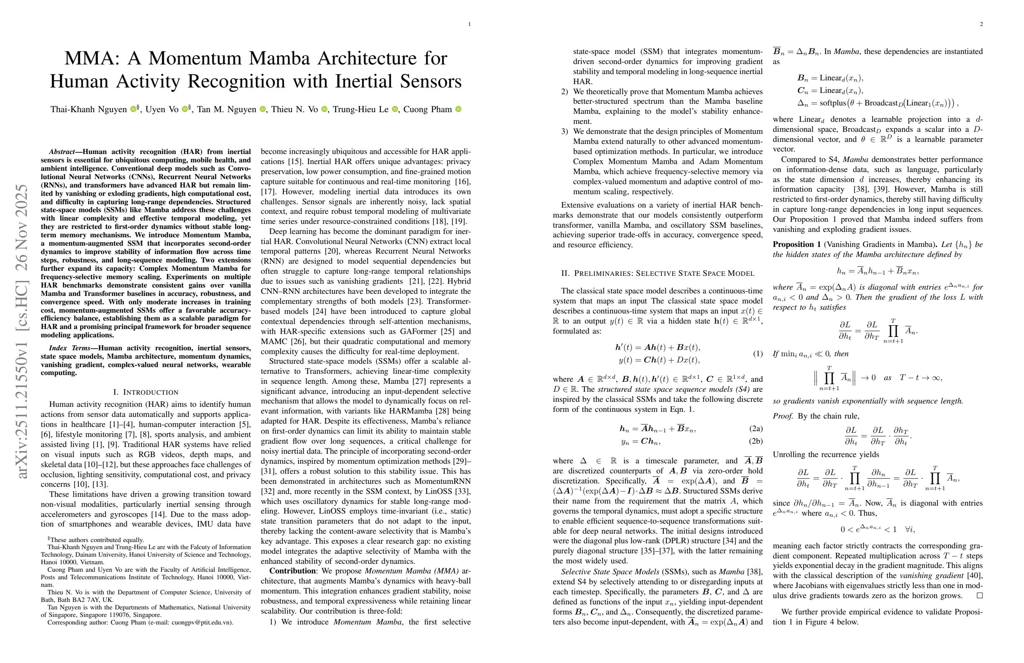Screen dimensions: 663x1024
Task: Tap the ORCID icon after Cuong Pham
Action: (458, 109)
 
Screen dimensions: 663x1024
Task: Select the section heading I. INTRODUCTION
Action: (146, 392)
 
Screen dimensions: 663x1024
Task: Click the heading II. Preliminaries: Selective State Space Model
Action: (658, 273)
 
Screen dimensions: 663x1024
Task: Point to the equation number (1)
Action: (757, 353)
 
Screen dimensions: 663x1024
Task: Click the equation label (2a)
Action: (755, 428)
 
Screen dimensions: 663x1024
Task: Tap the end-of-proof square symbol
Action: (980, 596)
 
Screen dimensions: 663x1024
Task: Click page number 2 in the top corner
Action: (981, 24)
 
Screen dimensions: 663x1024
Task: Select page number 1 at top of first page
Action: (469, 24)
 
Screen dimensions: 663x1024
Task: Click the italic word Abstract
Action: (61, 152)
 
